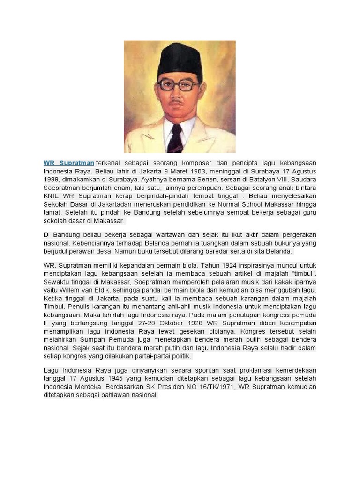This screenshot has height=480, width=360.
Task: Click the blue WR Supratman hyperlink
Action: [x=69, y=163]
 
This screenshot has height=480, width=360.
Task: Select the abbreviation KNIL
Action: [x=51, y=196]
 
